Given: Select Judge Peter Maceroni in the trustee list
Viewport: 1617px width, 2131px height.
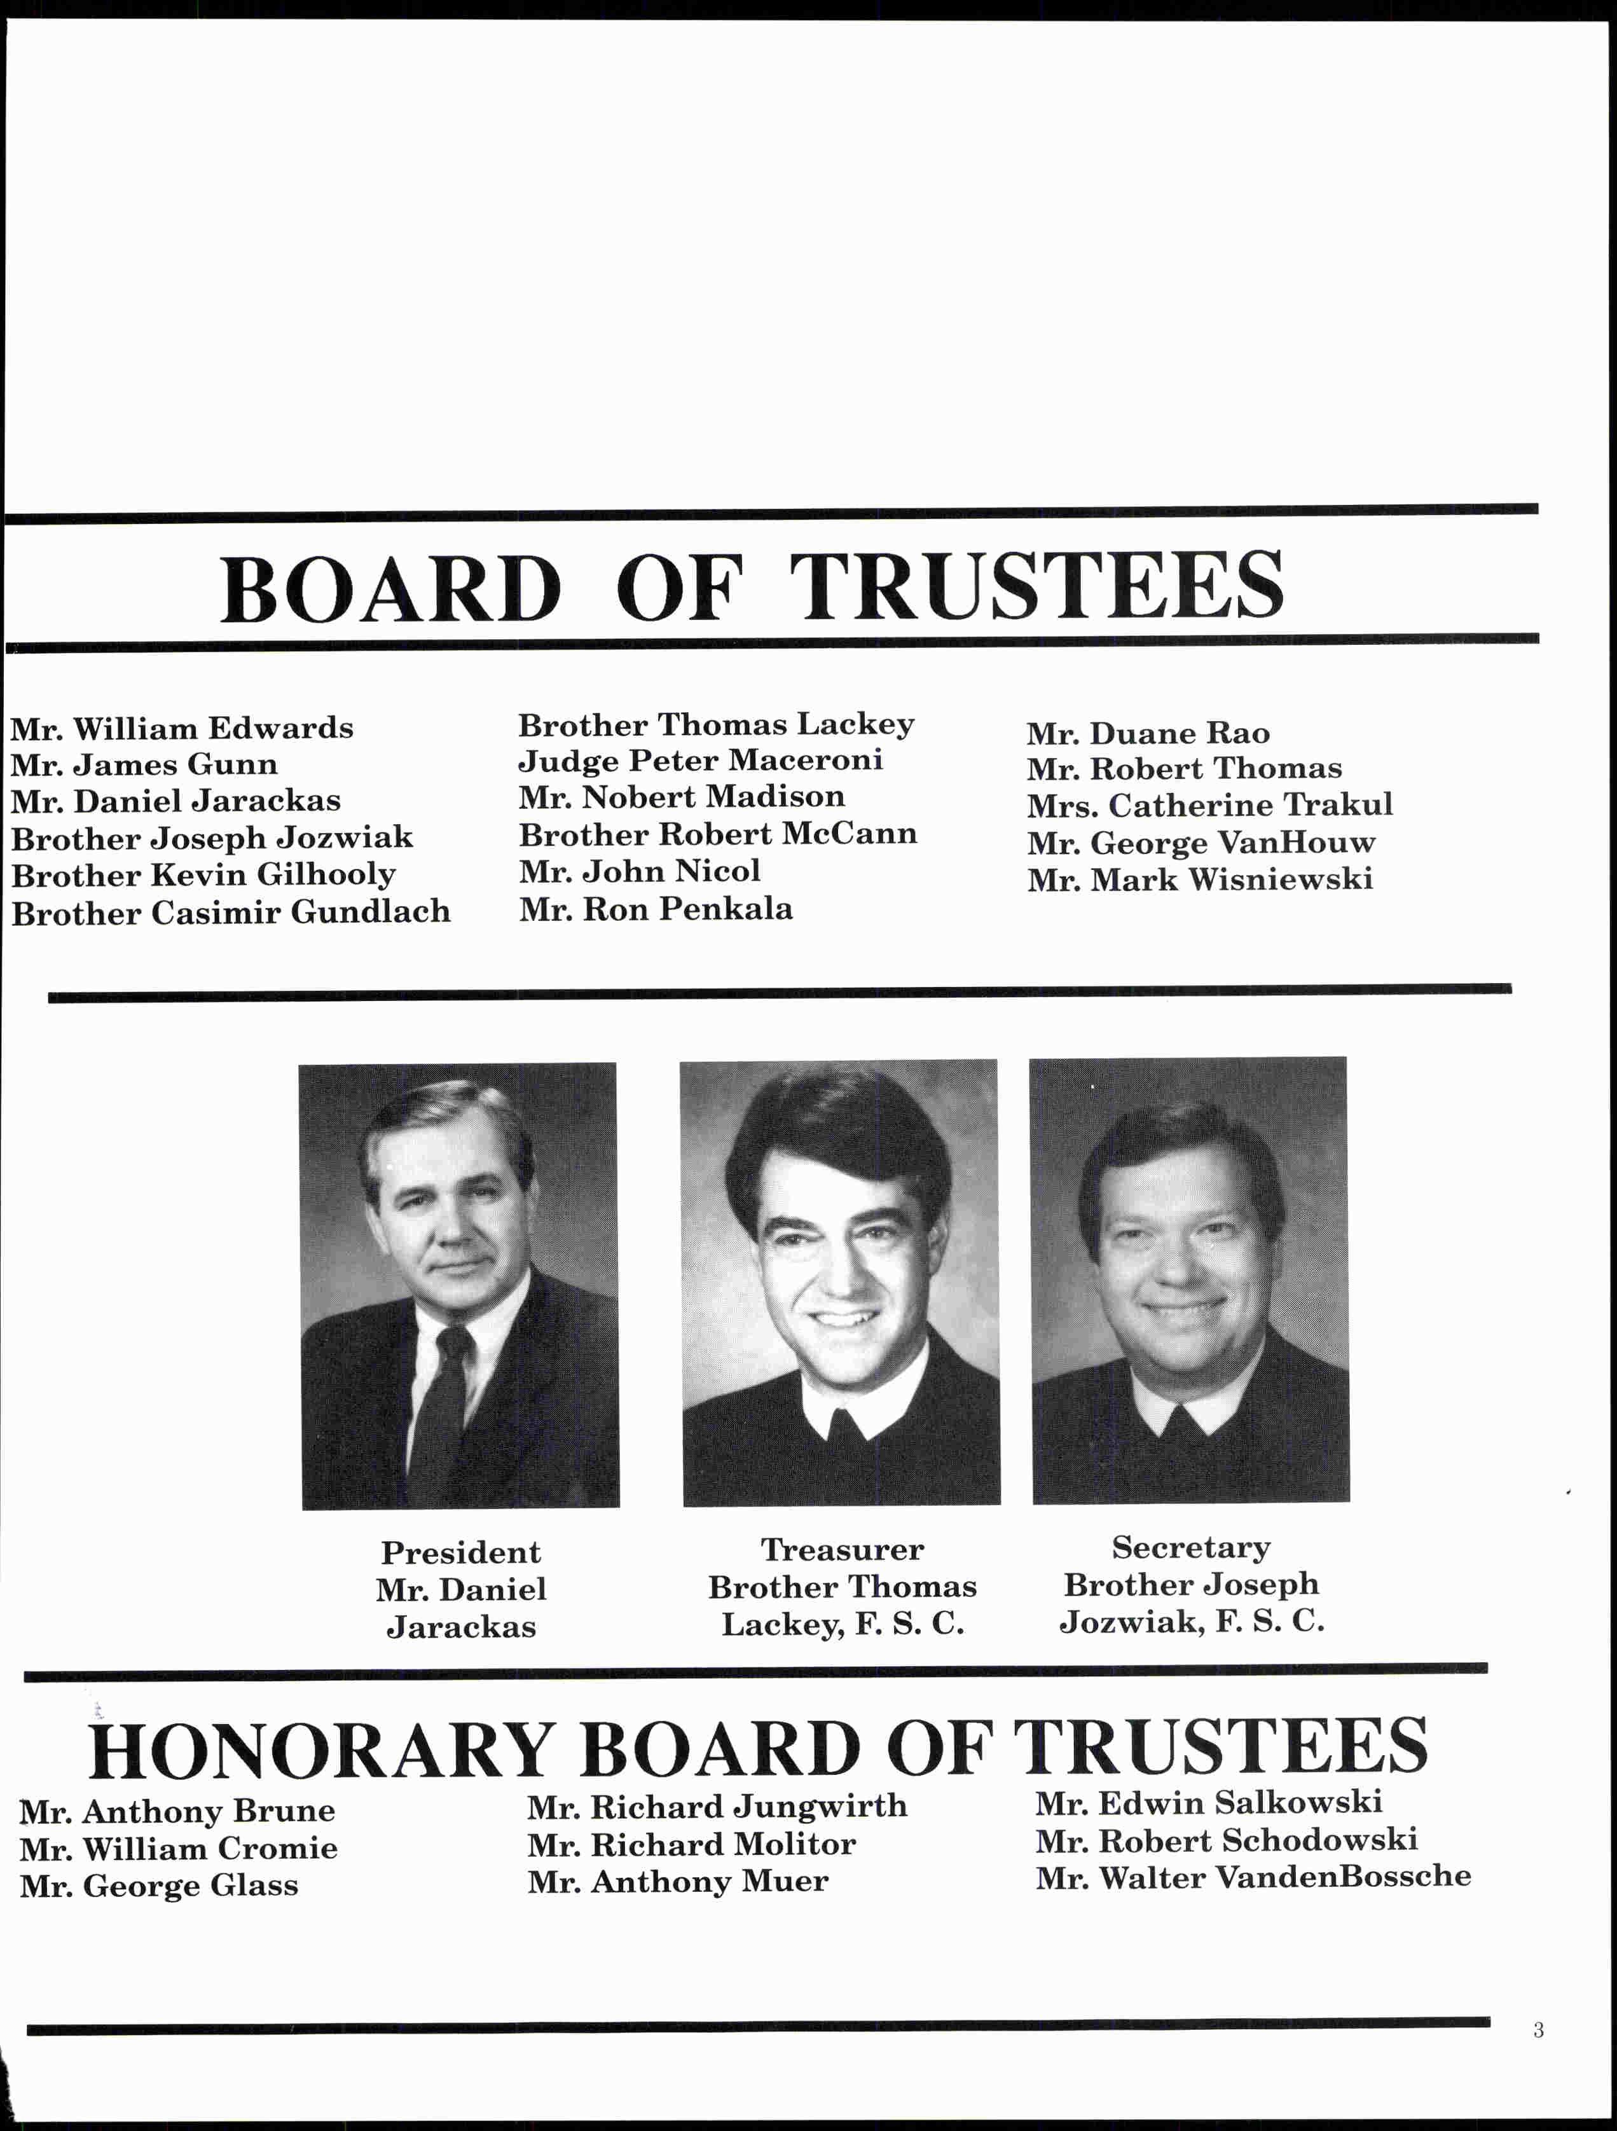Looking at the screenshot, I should click(x=700, y=761).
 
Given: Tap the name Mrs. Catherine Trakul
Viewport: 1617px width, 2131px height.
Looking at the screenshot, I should click(x=1209, y=805).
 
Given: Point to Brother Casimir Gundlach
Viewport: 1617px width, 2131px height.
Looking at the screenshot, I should click(x=231, y=913).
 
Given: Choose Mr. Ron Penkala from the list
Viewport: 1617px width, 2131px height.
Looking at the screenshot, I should click(x=656, y=909).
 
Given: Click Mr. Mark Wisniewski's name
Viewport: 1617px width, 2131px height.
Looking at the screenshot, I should click(x=1200, y=879).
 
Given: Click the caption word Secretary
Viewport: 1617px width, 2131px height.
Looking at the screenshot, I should click(x=1192, y=1548).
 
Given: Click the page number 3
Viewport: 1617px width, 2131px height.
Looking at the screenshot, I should click(x=1538, y=2030).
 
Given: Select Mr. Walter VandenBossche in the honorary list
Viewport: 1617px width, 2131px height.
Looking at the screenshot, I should click(x=1253, y=1878).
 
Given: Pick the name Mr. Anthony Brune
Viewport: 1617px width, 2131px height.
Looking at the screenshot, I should click(x=177, y=1812).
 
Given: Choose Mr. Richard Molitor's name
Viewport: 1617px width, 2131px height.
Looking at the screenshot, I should click(x=691, y=1845).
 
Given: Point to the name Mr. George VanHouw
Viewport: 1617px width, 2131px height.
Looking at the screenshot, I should click(x=1201, y=844).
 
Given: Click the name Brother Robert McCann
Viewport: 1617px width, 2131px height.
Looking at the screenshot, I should click(x=717, y=834).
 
